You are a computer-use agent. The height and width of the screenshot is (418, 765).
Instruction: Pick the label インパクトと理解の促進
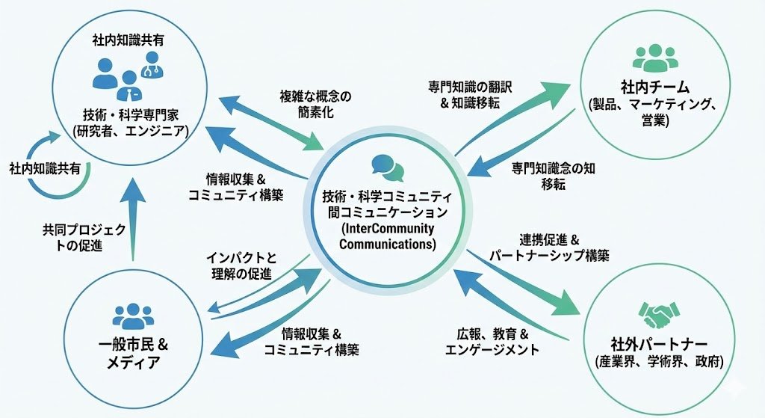point(241,265)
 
